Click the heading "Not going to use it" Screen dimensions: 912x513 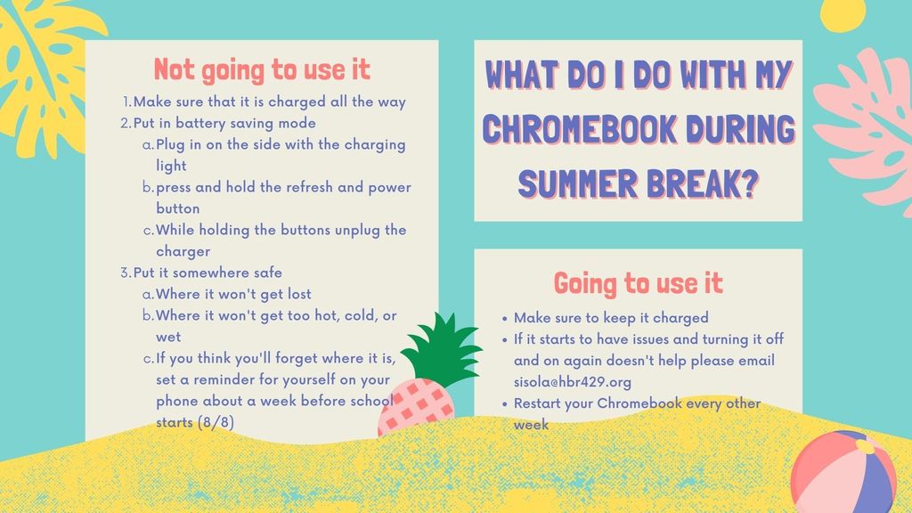(262, 70)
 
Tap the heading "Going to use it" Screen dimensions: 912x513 (638, 283)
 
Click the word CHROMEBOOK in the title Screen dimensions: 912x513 (579, 129)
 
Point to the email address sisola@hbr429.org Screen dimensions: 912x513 (573, 382)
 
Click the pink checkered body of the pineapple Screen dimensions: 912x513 (415, 407)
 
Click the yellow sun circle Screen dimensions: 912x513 (843, 12)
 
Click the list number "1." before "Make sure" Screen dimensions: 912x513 (127, 102)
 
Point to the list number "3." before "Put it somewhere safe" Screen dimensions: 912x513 (126, 273)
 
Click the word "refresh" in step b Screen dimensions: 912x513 (305, 187)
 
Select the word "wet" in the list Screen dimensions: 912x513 (168, 338)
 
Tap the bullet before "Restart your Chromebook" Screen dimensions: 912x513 (504, 404)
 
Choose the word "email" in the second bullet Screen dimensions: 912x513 (757, 361)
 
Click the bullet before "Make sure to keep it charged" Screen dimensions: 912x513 (504, 319)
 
